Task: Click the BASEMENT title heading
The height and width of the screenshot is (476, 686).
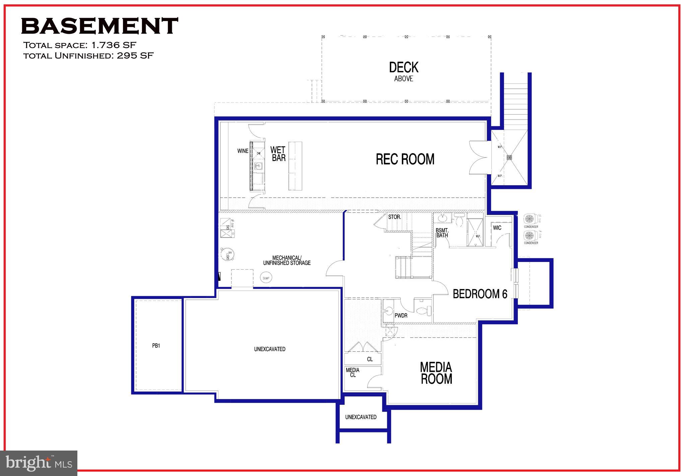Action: (99, 26)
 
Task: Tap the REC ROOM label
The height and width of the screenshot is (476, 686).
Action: (405, 159)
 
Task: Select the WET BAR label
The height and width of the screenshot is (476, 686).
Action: (278, 154)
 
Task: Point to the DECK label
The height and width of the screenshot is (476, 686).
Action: (404, 68)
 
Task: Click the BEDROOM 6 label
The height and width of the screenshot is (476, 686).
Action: (480, 294)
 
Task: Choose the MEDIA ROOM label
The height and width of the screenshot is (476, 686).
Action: (436, 373)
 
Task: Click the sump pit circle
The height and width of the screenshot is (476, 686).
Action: (266, 278)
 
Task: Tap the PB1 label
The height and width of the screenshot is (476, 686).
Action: (156, 346)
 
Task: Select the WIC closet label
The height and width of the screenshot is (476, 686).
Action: (497, 228)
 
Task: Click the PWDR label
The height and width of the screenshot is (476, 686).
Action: (401, 316)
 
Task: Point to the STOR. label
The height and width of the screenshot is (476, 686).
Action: (394, 217)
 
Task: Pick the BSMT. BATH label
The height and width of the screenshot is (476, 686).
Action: (442, 233)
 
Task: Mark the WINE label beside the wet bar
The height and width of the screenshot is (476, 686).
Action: (243, 151)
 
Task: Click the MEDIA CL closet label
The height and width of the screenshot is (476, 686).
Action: (353, 372)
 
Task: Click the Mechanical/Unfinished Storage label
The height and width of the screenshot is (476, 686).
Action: (287, 260)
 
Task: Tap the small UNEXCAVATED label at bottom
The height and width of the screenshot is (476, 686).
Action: (361, 417)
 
